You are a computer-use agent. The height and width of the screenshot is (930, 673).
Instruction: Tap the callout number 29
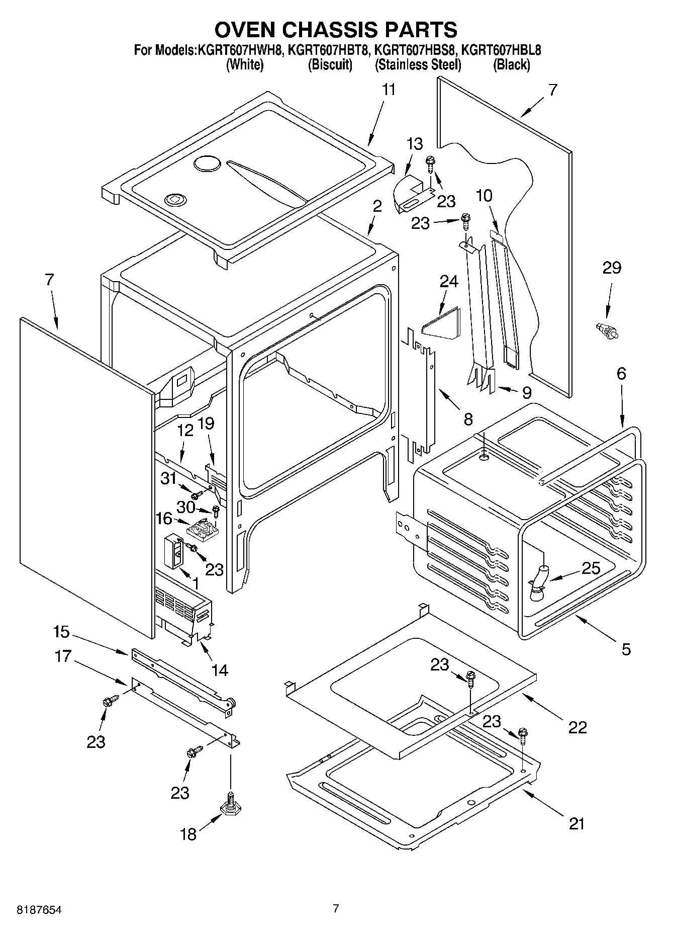point(612,268)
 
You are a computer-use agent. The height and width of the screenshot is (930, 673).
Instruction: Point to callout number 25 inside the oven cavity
point(591,568)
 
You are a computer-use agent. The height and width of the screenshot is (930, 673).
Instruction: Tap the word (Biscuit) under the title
point(329,64)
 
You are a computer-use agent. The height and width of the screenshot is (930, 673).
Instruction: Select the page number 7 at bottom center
point(336,908)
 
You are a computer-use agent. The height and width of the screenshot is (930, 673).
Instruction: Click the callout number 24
point(449,282)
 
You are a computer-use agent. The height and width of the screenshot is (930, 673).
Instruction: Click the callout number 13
point(415,144)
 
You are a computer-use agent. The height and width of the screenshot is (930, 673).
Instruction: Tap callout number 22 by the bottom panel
point(578,727)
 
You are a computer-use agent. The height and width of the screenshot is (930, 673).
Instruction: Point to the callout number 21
point(577,824)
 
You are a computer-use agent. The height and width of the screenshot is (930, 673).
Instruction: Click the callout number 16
point(164,519)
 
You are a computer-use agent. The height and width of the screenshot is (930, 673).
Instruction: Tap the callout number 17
point(63,656)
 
